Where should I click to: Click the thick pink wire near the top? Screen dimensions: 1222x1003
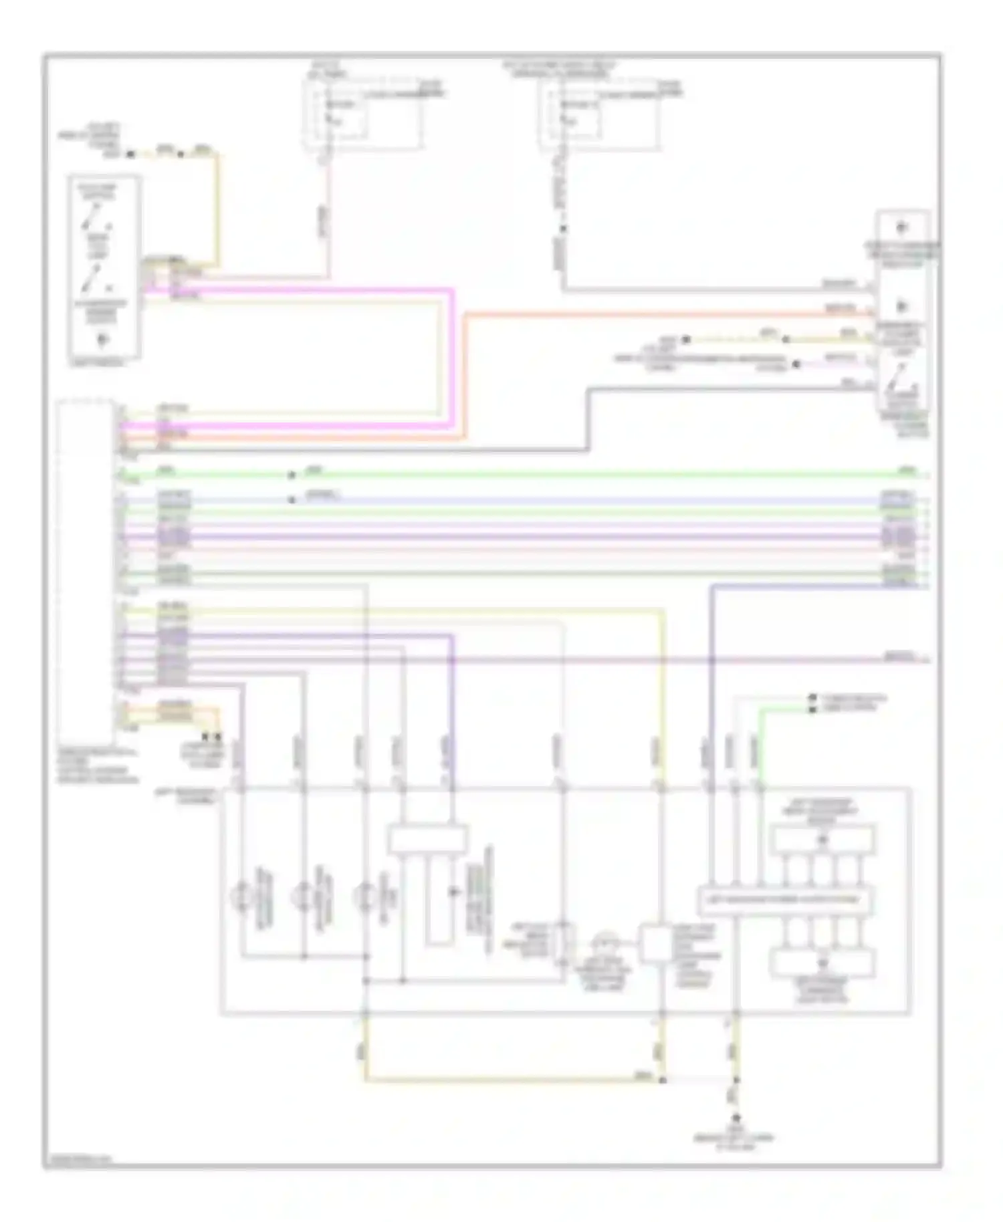click(x=301, y=291)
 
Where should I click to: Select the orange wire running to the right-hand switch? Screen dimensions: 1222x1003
click(x=669, y=314)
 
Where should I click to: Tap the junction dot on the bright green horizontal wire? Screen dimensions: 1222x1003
click(x=291, y=475)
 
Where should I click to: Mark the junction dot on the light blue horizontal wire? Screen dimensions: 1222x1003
click(x=291, y=499)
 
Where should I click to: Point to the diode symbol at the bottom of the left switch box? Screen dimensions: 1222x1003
click(x=102, y=340)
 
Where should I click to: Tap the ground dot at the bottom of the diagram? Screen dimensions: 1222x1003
click(x=736, y=1117)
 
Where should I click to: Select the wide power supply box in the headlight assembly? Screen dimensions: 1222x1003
click(x=785, y=900)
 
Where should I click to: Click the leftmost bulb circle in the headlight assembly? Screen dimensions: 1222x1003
click(x=242, y=895)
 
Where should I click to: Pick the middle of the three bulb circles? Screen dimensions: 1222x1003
click(x=304, y=895)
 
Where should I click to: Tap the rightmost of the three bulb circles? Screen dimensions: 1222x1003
click(x=365, y=895)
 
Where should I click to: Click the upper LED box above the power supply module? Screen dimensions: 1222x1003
click(x=822, y=840)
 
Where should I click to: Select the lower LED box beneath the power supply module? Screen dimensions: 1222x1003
click(x=822, y=963)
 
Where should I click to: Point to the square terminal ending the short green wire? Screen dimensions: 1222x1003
click(x=812, y=709)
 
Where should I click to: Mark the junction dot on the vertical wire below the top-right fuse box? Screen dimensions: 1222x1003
click(x=563, y=229)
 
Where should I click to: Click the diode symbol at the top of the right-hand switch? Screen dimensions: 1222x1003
click(x=901, y=227)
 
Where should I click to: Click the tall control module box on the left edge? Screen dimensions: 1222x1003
click(x=85, y=568)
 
